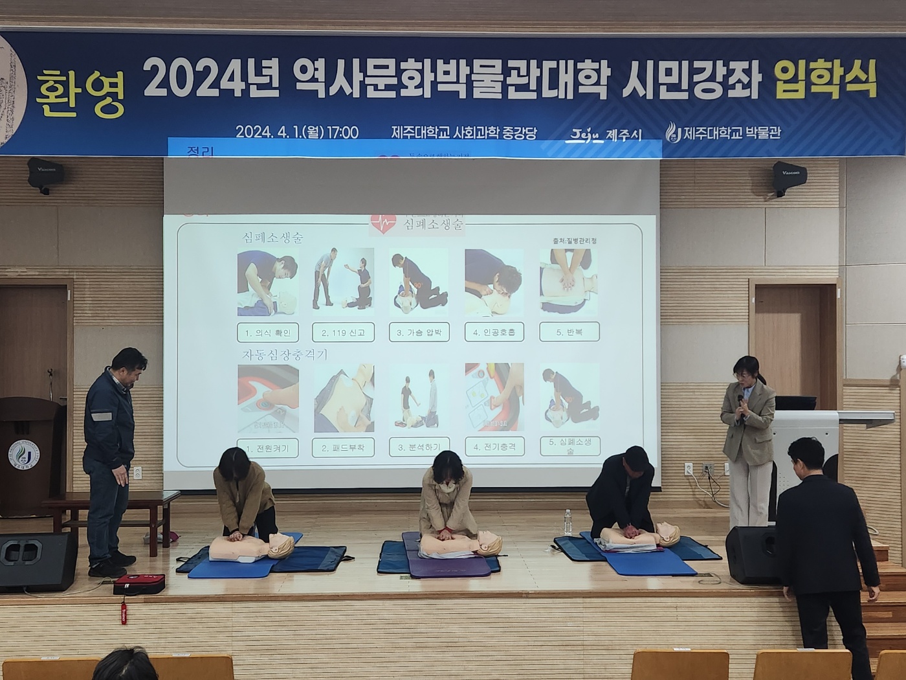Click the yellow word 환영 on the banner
pos(80,94)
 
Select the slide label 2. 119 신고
pos(343,332)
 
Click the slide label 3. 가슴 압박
pos(419,332)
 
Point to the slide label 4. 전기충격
pos(494,447)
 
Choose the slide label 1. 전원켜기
pos(267,448)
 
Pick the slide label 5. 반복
pos(569,332)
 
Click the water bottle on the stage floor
pos(568,521)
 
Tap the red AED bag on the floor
pos(138,584)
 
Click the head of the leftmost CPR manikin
pos(280,546)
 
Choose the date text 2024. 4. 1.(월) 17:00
pos(296,132)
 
